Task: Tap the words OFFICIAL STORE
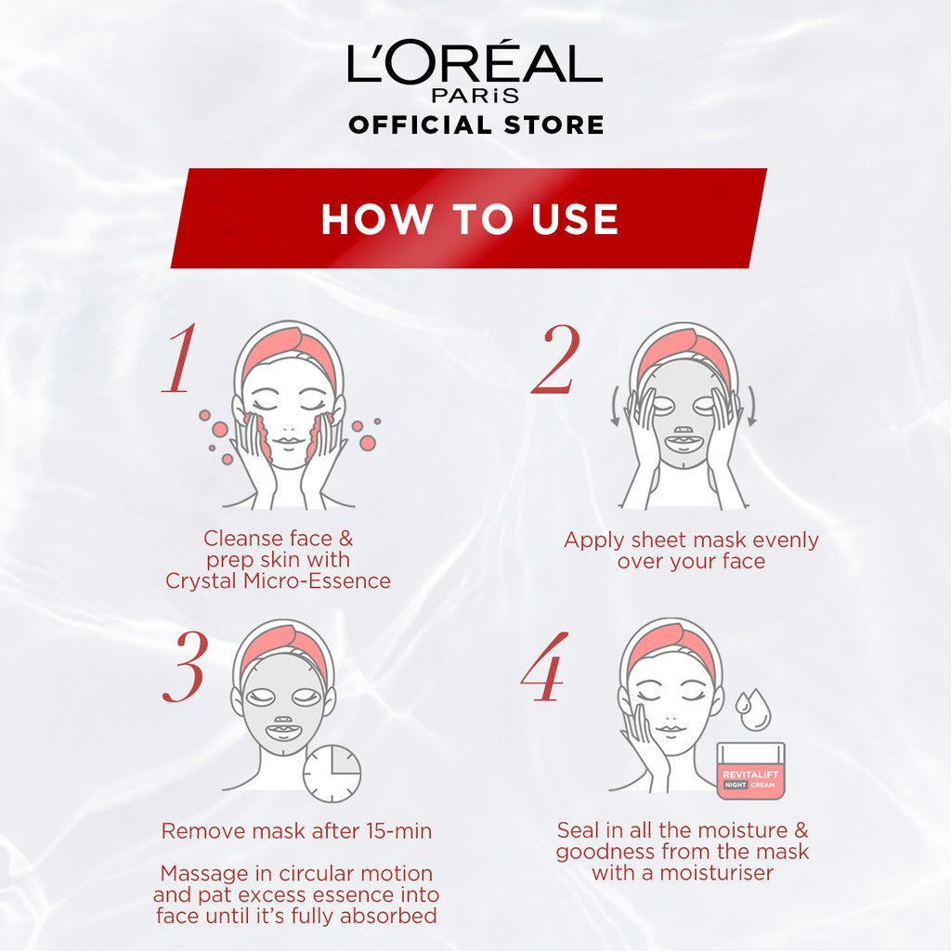pos(476,124)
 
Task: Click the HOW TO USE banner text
pos(470,219)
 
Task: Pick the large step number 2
pos(555,358)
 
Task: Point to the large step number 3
pos(185,667)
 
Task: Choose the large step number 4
pos(544,667)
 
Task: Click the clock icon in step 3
pos(332,774)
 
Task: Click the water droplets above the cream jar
pos(751,709)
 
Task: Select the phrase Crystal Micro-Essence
pos(278,581)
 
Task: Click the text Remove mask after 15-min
pos(296,831)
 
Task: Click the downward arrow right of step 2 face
pos(751,405)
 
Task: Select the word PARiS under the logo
pos(475,96)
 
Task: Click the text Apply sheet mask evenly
pos(691,540)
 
